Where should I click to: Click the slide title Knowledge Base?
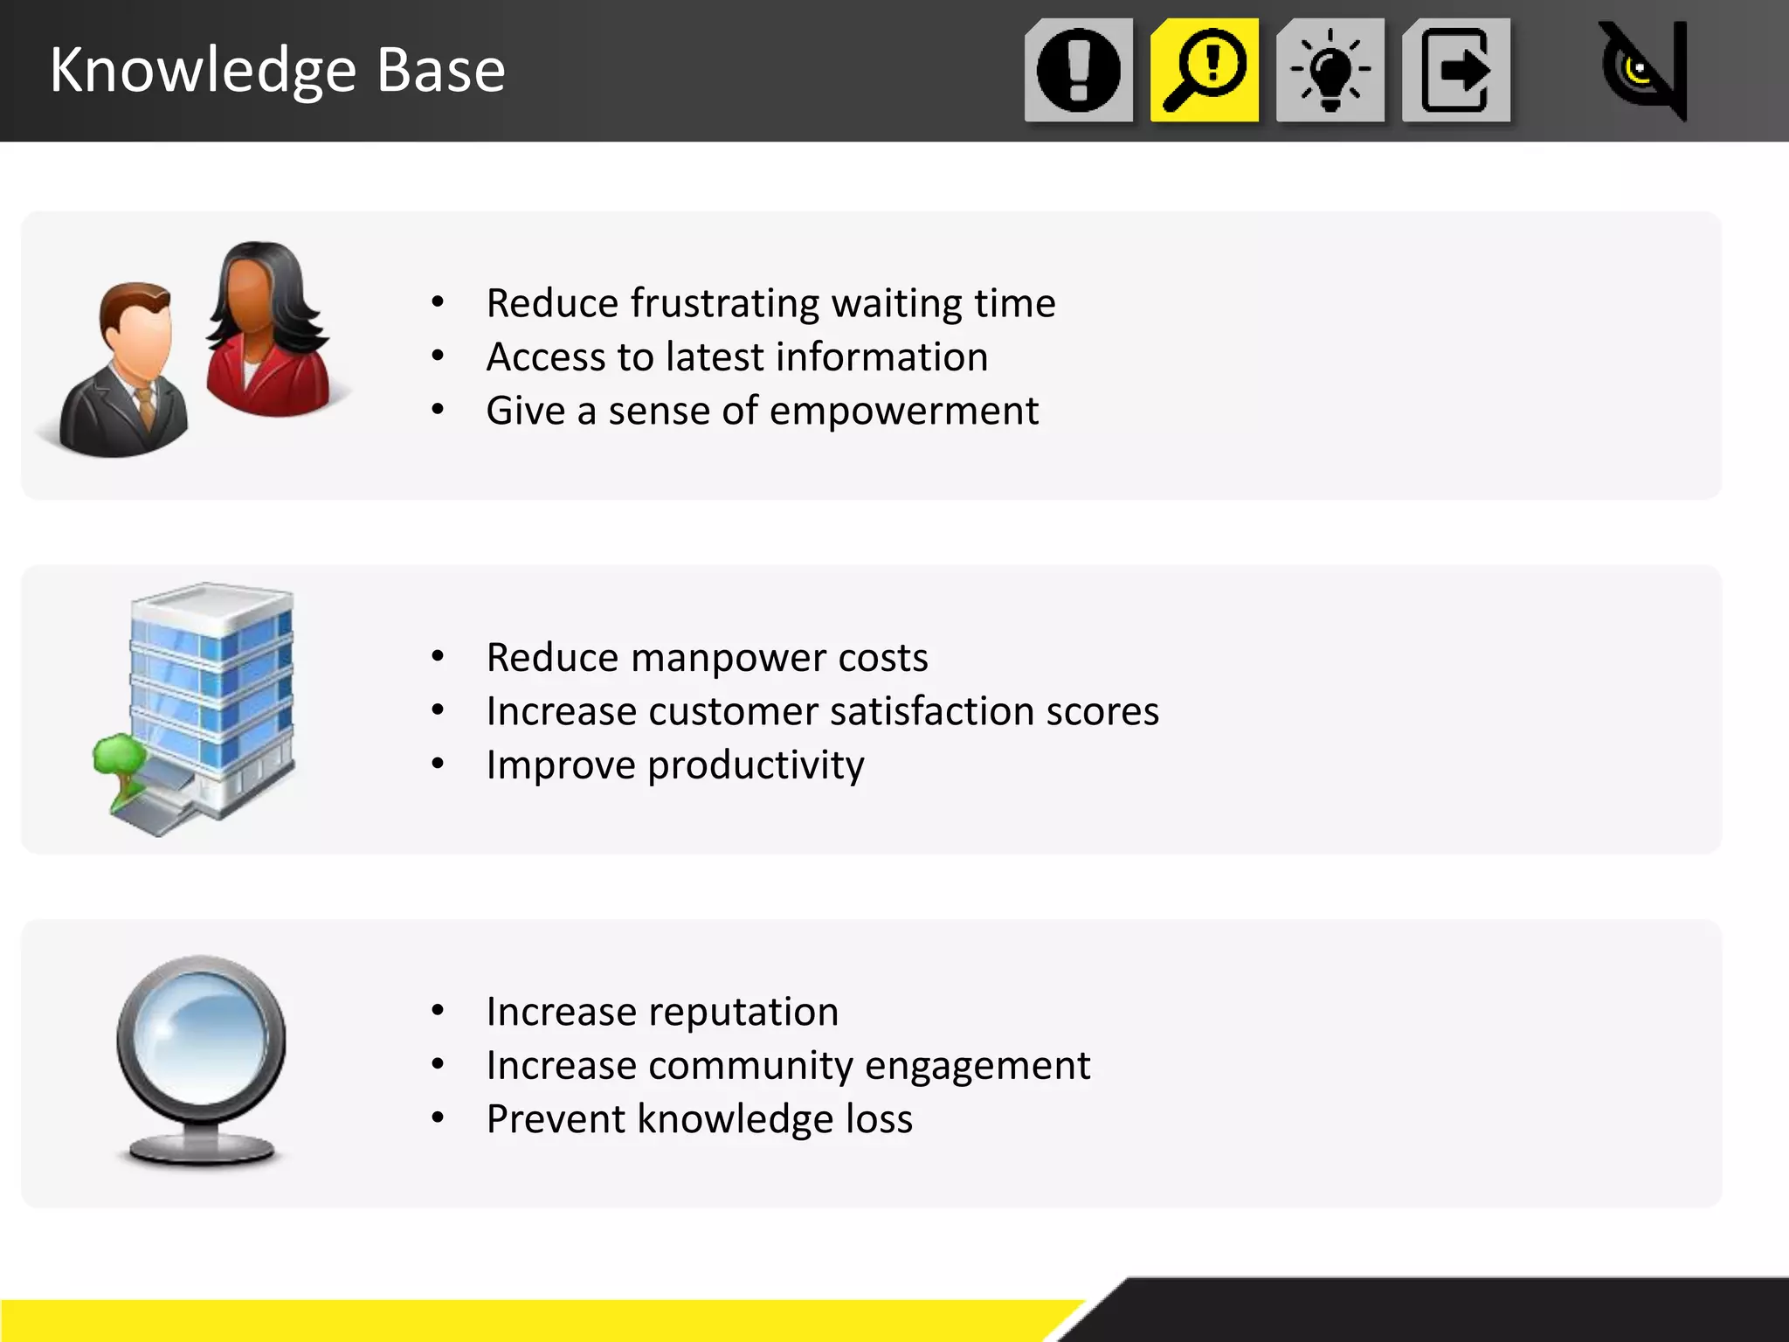(278, 70)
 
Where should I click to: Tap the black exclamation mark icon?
(1079, 70)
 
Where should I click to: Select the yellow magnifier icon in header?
(1205, 70)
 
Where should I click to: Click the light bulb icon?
(1330, 70)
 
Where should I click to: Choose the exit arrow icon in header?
(1456, 70)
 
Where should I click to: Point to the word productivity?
(756, 765)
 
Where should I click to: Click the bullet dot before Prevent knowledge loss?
(438, 1117)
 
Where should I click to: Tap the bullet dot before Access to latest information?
(438, 356)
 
